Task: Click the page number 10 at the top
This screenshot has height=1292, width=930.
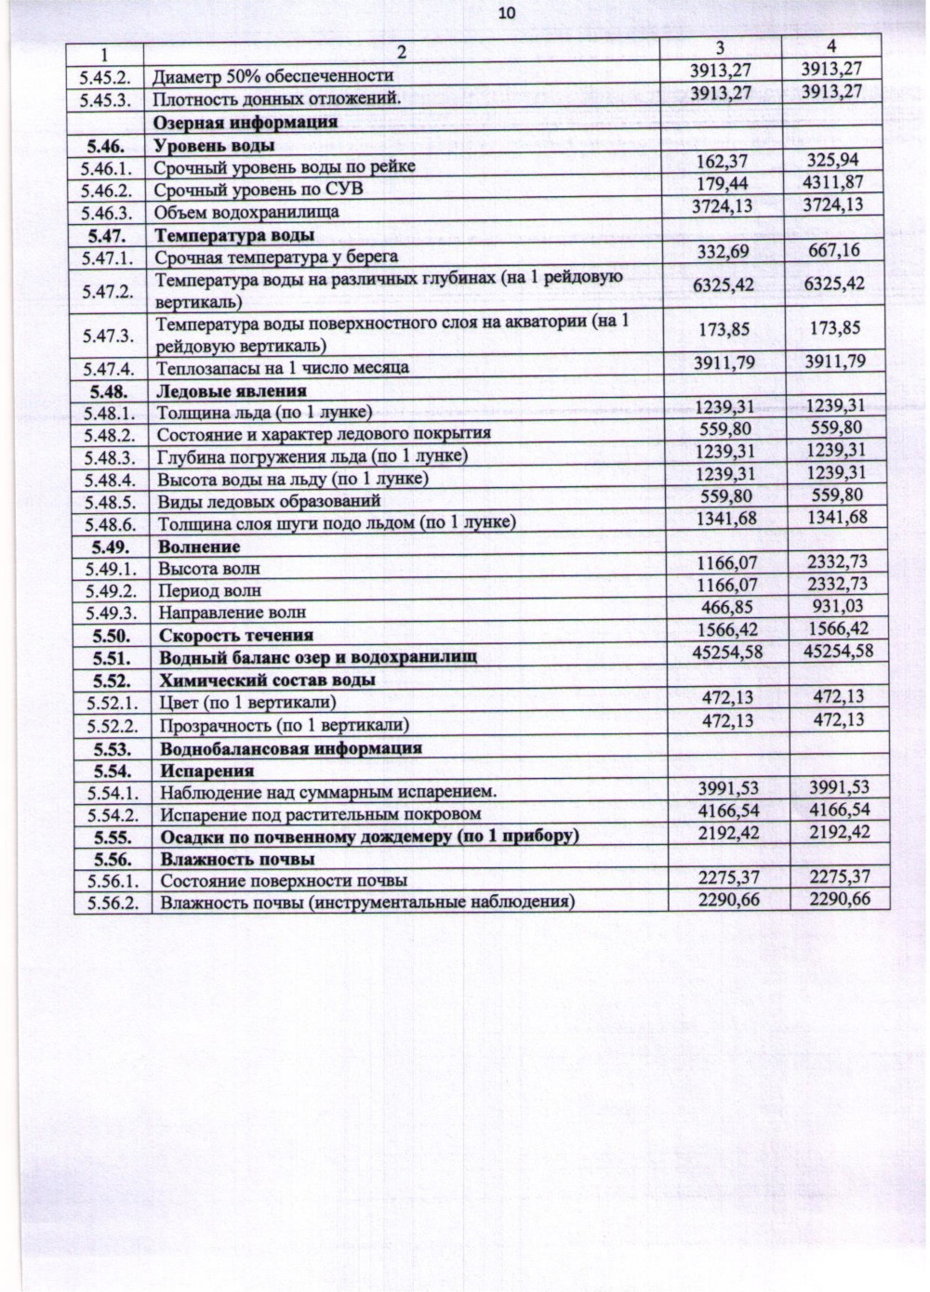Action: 506,13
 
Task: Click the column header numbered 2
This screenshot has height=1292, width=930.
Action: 401,52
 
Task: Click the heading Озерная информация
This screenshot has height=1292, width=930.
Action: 245,123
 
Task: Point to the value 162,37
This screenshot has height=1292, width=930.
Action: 722,162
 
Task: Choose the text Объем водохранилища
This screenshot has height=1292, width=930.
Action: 246,212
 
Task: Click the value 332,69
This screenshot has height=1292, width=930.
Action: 724,251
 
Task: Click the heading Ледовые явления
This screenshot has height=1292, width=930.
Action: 232,390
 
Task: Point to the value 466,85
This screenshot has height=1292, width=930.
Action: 726,607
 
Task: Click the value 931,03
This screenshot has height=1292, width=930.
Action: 837,606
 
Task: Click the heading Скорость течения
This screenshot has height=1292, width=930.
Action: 236,636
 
